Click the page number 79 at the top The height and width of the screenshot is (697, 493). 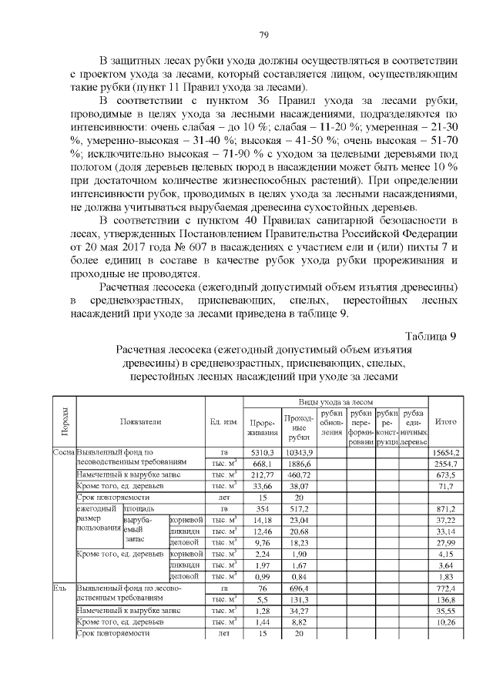(263, 35)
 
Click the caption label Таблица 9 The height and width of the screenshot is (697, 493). (431, 335)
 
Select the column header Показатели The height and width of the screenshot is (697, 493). (140, 421)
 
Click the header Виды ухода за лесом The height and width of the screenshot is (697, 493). (335, 402)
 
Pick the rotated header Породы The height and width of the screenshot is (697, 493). (63, 421)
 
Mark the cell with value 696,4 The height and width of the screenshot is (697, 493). (297, 588)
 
